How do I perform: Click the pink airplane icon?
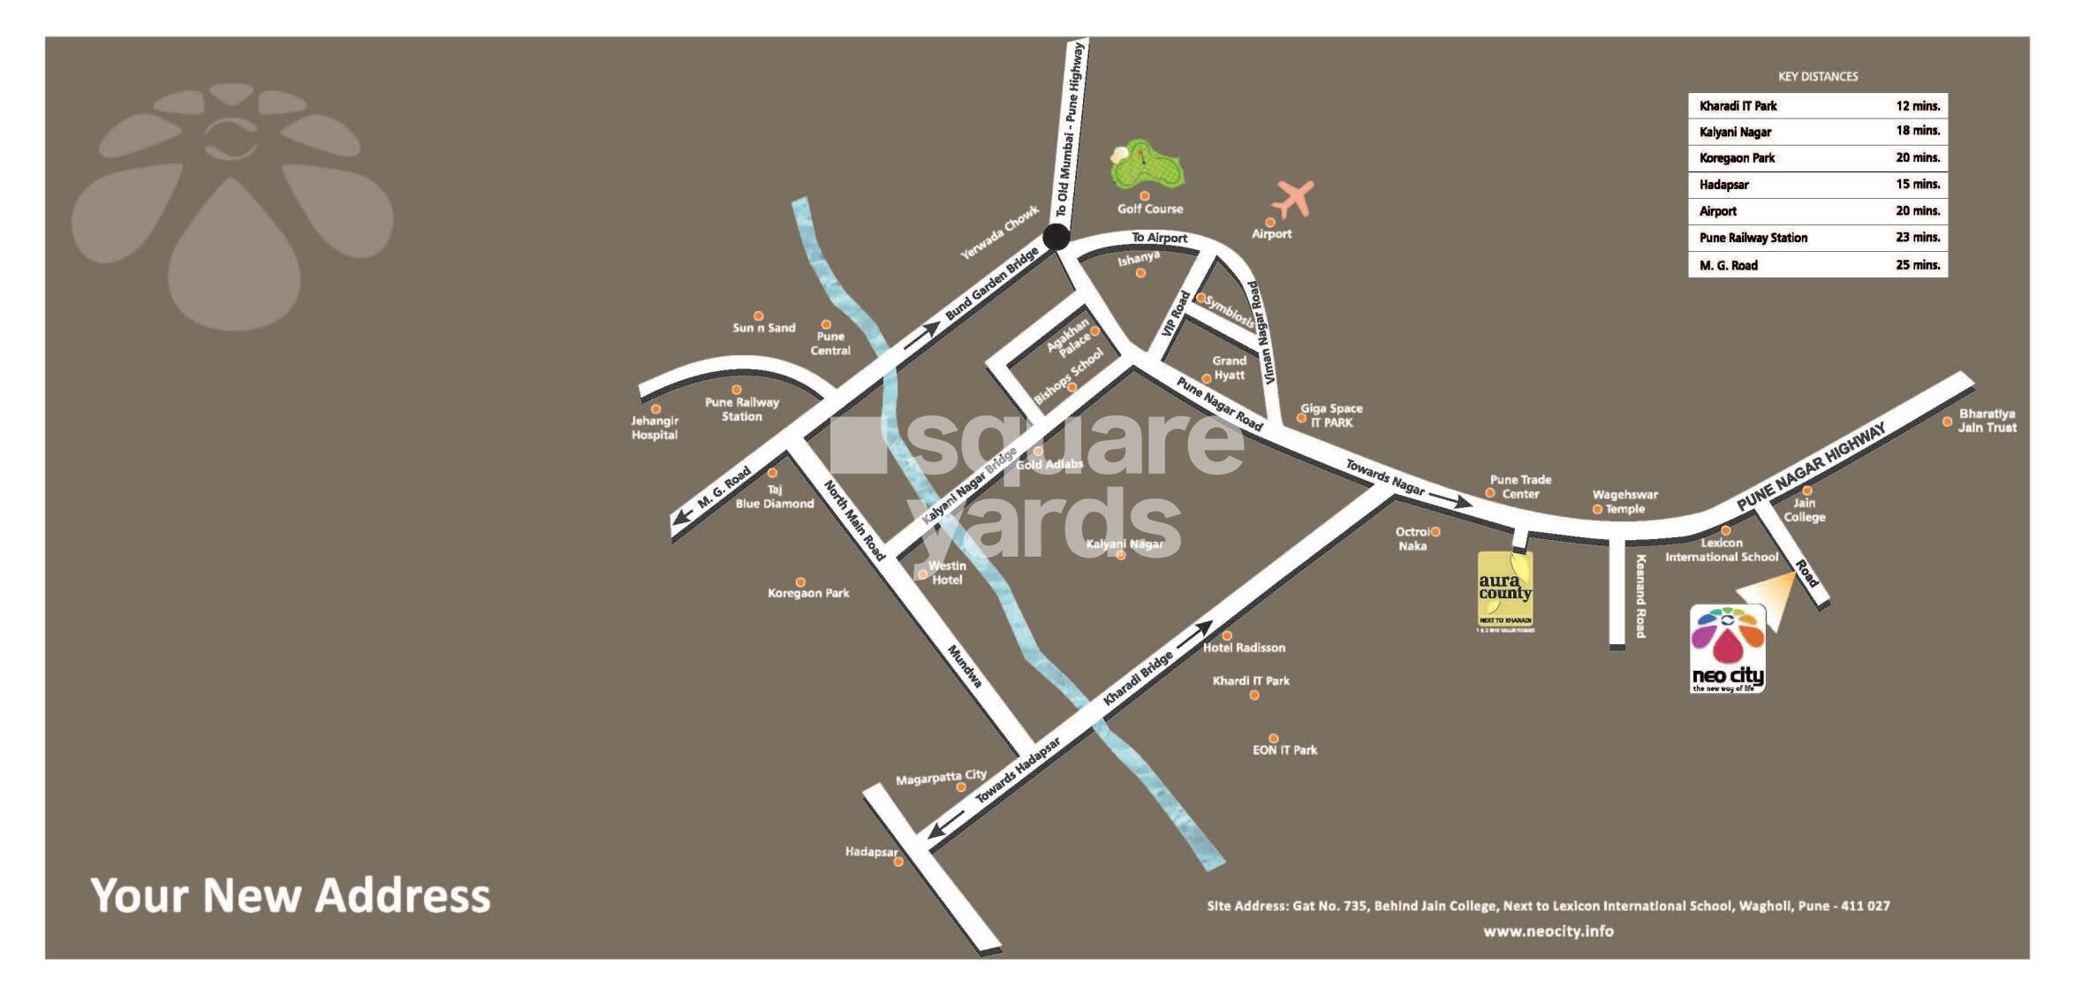pos(1294,198)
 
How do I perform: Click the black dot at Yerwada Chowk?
pos(1056,237)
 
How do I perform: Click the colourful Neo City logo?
pos(1727,649)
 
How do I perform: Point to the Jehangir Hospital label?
pos(655,428)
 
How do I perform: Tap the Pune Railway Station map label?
pos(742,409)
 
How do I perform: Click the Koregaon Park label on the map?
pos(808,593)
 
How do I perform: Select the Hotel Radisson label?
pos(1244,648)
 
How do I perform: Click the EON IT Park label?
pos(1284,750)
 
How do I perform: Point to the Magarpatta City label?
pos(941,778)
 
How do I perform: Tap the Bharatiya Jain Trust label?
pos(1988,421)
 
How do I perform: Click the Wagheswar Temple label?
pos(1625,502)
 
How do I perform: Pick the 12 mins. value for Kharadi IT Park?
pos(1918,106)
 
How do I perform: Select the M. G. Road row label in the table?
pos(1728,265)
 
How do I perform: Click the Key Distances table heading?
pos(1818,77)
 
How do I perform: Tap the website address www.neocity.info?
pos(1548,931)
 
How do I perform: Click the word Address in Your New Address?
pos(403,896)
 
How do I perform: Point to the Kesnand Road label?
pos(1640,596)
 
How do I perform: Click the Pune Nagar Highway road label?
pos(1811,466)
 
